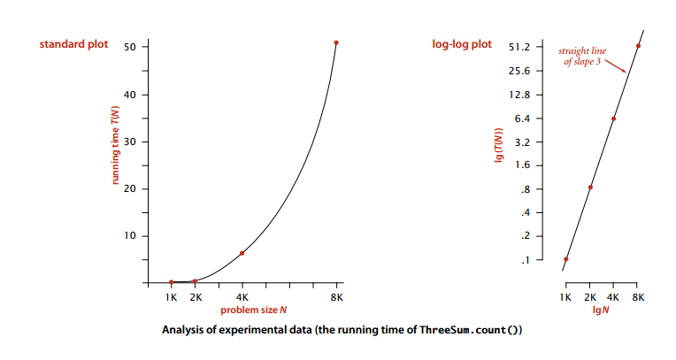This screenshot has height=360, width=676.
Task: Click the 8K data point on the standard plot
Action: [x=336, y=42]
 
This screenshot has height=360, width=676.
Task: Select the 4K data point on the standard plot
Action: [x=242, y=253]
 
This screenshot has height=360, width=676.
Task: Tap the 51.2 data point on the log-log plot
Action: [x=638, y=46]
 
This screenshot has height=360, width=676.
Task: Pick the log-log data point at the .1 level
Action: [x=566, y=259]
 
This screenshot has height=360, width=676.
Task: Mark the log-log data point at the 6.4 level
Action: [x=613, y=119]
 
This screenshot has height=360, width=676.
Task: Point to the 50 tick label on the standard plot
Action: [x=130, y=47]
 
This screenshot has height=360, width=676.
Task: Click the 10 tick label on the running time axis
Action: [x=130, y=236]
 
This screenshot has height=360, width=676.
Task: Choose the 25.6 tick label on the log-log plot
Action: [x=519, y=71]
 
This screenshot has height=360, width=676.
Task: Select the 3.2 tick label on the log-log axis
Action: [x=522, y=142]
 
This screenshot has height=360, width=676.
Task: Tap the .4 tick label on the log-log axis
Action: [x=525, y=212]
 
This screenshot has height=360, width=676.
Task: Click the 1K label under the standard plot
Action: [x=171, y=297]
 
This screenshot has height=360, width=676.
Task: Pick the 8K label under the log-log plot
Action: [x=638, y=297]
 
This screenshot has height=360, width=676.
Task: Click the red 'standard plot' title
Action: [x=73, y=44]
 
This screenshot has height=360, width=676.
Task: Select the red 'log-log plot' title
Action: [x=462, y=44]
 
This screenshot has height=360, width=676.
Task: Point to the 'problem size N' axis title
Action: [x=253, y=310]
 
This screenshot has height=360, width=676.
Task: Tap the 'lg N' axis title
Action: [x=601, y=310]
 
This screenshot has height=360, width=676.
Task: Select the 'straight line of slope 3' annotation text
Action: [x=582, y=56]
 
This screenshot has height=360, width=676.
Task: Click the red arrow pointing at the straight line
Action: [x=616, y=66]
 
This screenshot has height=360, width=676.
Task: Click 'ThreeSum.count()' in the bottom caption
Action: [x=471, y=330]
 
